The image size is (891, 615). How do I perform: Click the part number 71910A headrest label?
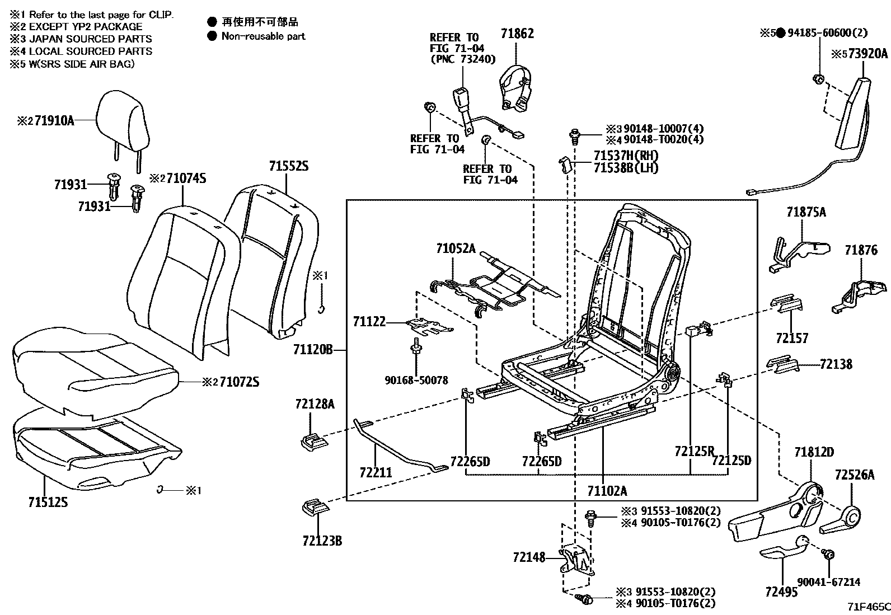pos(54,120)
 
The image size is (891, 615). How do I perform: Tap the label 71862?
pos(517,34)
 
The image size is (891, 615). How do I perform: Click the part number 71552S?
pos(288,166)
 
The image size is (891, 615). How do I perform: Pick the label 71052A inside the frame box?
pos(456,248)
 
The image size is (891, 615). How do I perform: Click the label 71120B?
pos(312,350)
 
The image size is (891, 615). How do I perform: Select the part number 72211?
pos(376,473)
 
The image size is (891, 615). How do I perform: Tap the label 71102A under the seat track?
pos(607,491)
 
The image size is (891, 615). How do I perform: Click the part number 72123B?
pos(322,541)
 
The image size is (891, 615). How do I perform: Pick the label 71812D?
pos(814,452)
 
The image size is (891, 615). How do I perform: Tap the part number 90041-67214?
pos(829,583)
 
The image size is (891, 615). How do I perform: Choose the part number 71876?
pos(861,250)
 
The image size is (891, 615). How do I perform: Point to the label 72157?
pos(792,338)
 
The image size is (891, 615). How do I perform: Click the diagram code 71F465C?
pos(867,607)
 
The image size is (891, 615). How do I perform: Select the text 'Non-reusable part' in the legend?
pos(264,36)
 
